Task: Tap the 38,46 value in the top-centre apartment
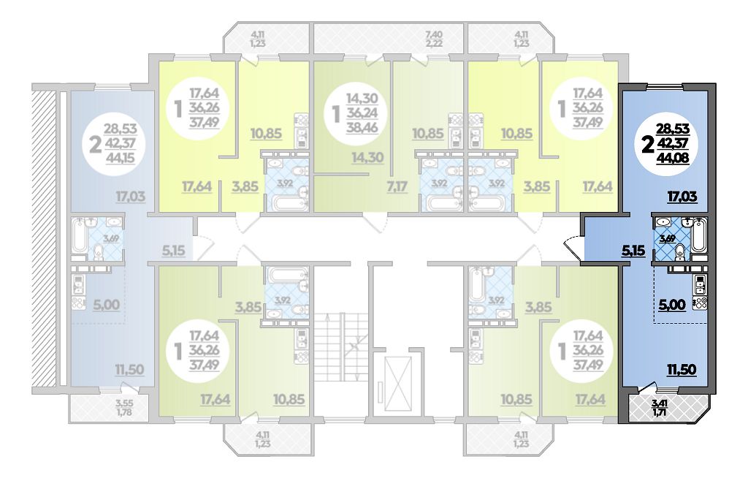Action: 362,127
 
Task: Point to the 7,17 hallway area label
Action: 397,186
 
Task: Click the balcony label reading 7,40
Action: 434,34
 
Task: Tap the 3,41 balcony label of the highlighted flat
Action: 660,402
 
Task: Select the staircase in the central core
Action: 342,348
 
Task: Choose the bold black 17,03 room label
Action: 682,196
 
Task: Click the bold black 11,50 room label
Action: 682,369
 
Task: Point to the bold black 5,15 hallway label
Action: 633,250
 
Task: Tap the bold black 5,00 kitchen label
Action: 672,304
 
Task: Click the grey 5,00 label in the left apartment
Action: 107,304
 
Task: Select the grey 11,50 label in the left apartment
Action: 129,369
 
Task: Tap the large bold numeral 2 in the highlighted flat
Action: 648,144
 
